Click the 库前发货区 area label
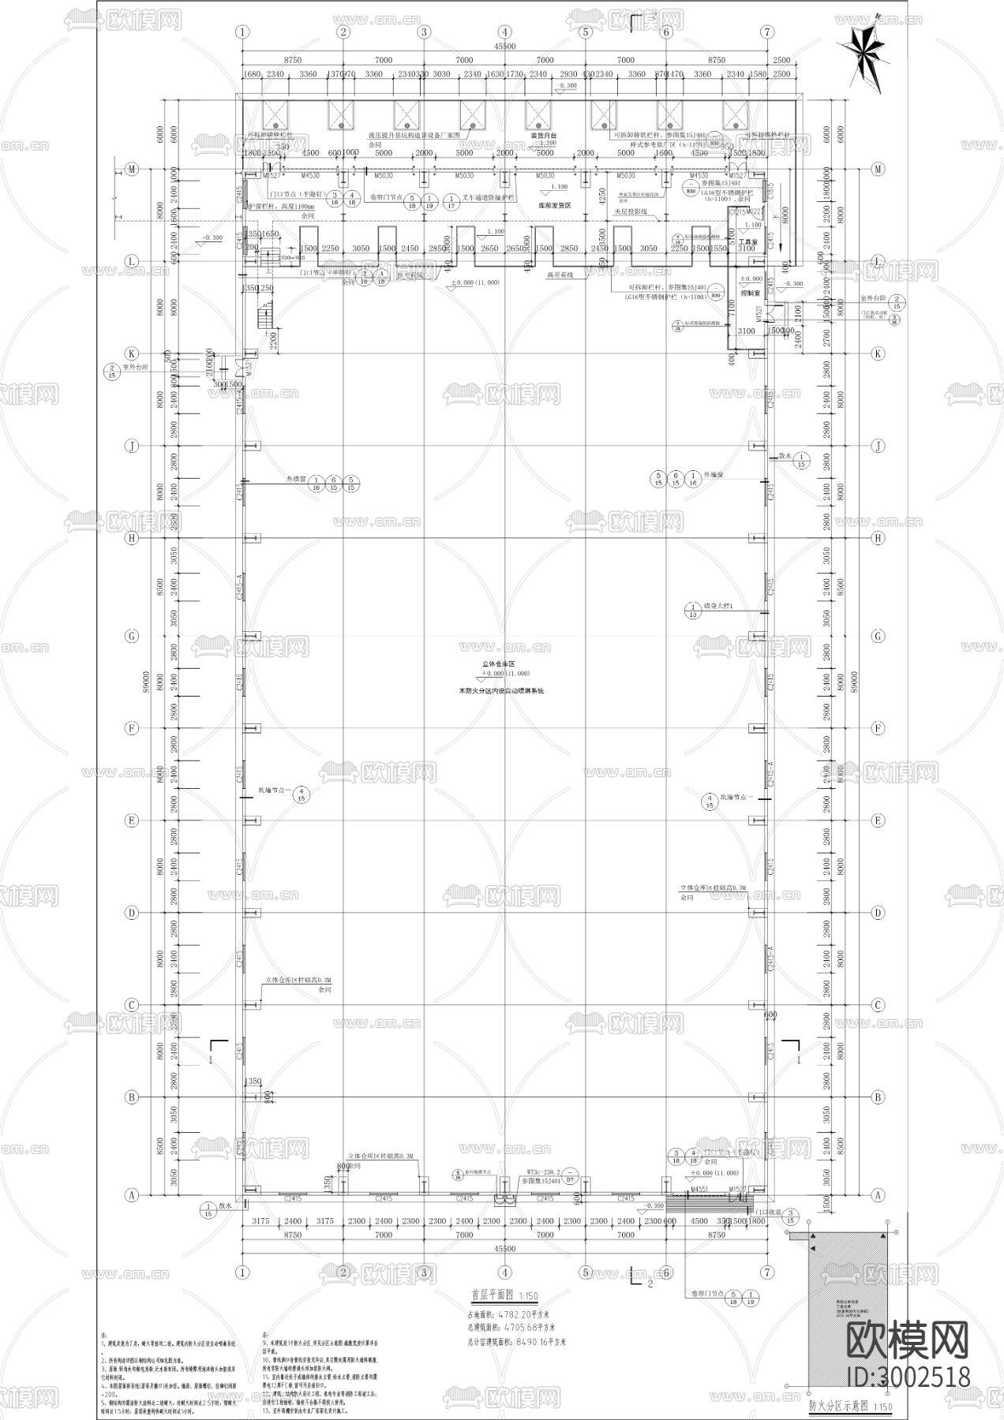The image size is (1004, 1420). point(554,204)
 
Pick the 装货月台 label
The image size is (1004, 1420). point(543,136)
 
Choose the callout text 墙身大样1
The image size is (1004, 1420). point(718,606)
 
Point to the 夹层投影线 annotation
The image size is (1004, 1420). point(631,212)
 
